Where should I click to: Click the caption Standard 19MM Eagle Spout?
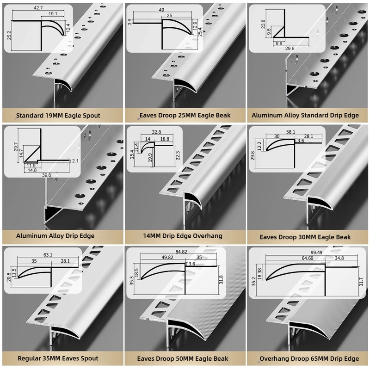[58, 115]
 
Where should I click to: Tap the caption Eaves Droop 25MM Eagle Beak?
[185, 115]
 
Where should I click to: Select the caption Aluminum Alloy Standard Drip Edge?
[305, 115]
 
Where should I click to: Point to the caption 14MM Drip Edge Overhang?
[183, 236]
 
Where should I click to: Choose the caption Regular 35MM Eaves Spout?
[58, 358]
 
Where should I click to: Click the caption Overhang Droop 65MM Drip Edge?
[309, 359]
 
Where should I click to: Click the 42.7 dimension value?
[38, 8]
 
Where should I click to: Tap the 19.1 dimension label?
[53, 14]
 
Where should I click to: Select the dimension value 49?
[161, 10]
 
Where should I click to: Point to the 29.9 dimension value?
[290, 49]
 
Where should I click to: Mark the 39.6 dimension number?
[47, 175]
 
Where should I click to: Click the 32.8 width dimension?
[156, 132]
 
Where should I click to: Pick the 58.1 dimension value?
[291, 132]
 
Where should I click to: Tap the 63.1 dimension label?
[48, 255]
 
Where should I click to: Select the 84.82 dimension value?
[181, 252]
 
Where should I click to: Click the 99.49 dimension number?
[316, 253]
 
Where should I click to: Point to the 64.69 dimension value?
[308, 258]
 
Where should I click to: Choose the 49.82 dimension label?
[167, 258]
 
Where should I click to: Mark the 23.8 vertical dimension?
[263, 24]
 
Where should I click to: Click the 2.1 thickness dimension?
[75, 161]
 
